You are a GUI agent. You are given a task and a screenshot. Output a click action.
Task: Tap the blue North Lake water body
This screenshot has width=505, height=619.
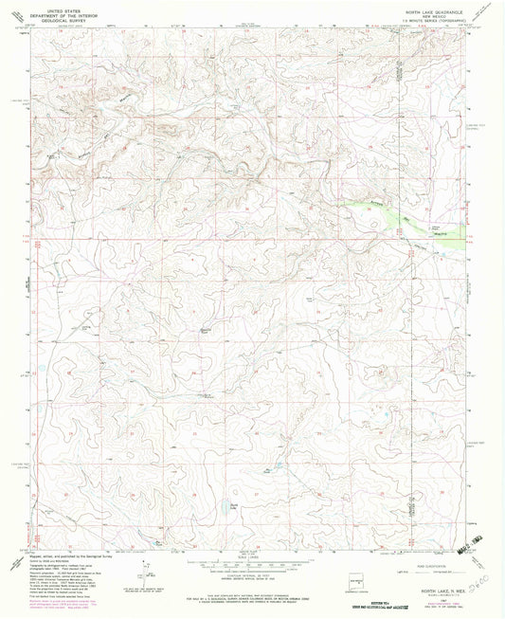tap(233, 506)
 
